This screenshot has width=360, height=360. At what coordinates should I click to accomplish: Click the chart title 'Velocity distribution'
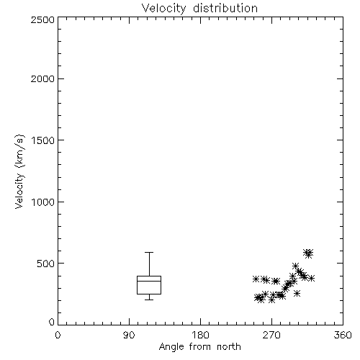[x=199, y=9]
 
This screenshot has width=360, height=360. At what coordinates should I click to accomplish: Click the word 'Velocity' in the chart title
[x=163, y=9]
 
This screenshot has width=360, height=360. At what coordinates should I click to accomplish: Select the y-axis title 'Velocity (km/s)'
[x=19, y=171]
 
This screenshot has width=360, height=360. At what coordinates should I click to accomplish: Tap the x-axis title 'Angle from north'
[x=199, y=347]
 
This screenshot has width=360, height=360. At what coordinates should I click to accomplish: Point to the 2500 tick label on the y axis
[x=42, y=19]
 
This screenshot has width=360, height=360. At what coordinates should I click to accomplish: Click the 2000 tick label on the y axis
[x=42, y=78]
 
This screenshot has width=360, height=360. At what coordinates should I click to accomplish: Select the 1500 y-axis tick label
[x=43, y=140]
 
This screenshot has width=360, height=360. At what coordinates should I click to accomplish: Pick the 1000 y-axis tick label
[x=43, y=202]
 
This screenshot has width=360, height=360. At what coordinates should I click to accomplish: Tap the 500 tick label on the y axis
[x=46, y=264]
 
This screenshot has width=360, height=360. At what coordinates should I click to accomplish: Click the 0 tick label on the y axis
[x=52, y=322]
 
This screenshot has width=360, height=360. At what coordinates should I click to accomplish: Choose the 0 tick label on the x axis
[x=58, y=335]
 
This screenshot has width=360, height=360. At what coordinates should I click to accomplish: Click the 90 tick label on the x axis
[x=129, y=335]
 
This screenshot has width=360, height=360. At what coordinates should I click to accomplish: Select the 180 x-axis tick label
[x=199, y=335]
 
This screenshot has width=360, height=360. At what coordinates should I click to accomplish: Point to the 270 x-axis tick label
[x=271, y=335]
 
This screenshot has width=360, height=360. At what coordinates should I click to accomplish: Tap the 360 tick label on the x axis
[x=343, y=335]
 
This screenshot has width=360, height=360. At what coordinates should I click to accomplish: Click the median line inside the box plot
[x=149, y=281]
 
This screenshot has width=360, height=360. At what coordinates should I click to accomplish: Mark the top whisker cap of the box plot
[x=149, y=252]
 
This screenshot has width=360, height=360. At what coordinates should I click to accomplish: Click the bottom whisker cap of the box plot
[x=149, y=300]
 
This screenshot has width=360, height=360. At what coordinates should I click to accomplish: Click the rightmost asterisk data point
[x=312, y=279]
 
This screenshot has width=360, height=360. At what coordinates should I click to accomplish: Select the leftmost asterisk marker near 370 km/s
[x=256, y=279]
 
